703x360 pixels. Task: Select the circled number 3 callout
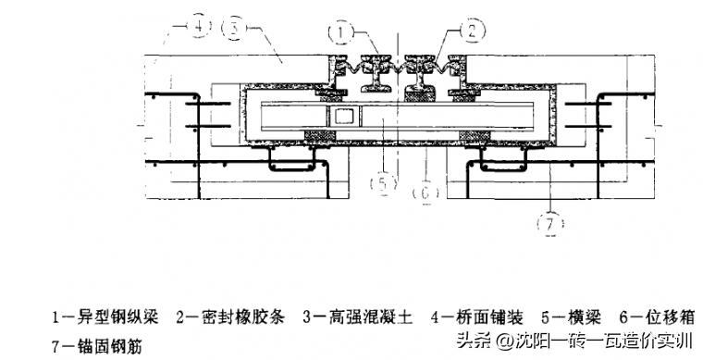[237, 29]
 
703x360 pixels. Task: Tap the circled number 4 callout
[199, 28]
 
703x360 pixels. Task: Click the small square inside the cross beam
[343, 117]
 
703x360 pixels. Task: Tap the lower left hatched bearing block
[320, 136]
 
